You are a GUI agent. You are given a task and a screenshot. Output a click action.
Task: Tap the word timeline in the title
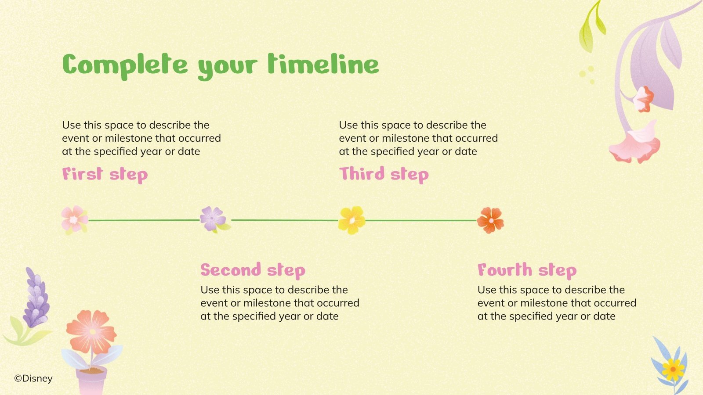pyautogui.click(x=323, y=64)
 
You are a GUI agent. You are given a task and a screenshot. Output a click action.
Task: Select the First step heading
pyautogui.click(x=105, y=175)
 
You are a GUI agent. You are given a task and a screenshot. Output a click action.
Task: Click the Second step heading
pyautogui.click(x=253, y=271)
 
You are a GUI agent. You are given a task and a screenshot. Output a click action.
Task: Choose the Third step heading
pyautogui.click(x=384, y=175)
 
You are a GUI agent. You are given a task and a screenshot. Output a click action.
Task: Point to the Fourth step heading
pyautogui.click(x=527, y=271)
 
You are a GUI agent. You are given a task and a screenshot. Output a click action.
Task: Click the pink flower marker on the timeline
pyautogui.click(x=74, y=220)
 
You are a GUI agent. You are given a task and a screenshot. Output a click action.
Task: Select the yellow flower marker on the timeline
pyautogui.click(x=352, y=220)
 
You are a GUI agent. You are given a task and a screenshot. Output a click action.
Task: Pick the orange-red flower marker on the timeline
pyautogui.click(x=490, y=220)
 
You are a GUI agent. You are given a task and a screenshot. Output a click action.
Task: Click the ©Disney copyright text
pyautogui.click(x=33, y=379)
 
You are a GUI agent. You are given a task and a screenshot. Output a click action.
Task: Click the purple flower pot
pyautogui.click(x=91, y=381)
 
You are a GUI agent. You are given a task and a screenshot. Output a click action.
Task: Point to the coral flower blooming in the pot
pyautogui.click(x=91, y=332)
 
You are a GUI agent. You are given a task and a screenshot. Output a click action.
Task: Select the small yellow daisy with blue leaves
pyautogui.click(x=673, y=370)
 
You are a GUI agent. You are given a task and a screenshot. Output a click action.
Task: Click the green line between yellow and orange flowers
pyautogui.click(x=421, y=220)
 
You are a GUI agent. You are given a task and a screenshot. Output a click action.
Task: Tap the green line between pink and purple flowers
pyautogui.click(x=144, y=220)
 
